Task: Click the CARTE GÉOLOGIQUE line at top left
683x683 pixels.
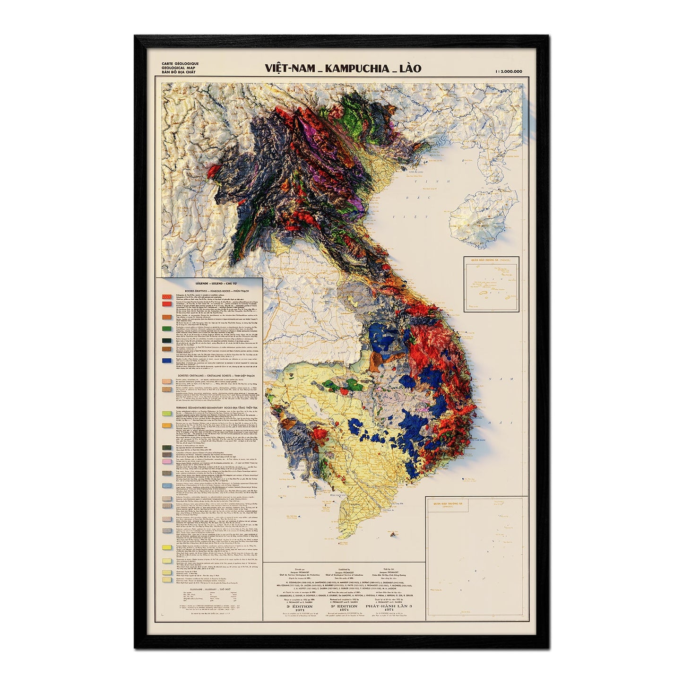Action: [180, 63]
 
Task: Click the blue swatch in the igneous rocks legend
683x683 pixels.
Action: [166, 361]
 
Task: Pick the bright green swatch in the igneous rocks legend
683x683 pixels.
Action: [166, 328]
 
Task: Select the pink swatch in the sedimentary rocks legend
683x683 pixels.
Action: [166, 461]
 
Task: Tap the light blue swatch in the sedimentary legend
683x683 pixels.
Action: [166, 486]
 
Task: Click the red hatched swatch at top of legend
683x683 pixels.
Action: [166, 297]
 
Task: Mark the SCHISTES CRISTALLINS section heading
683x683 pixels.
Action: [208, 375]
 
